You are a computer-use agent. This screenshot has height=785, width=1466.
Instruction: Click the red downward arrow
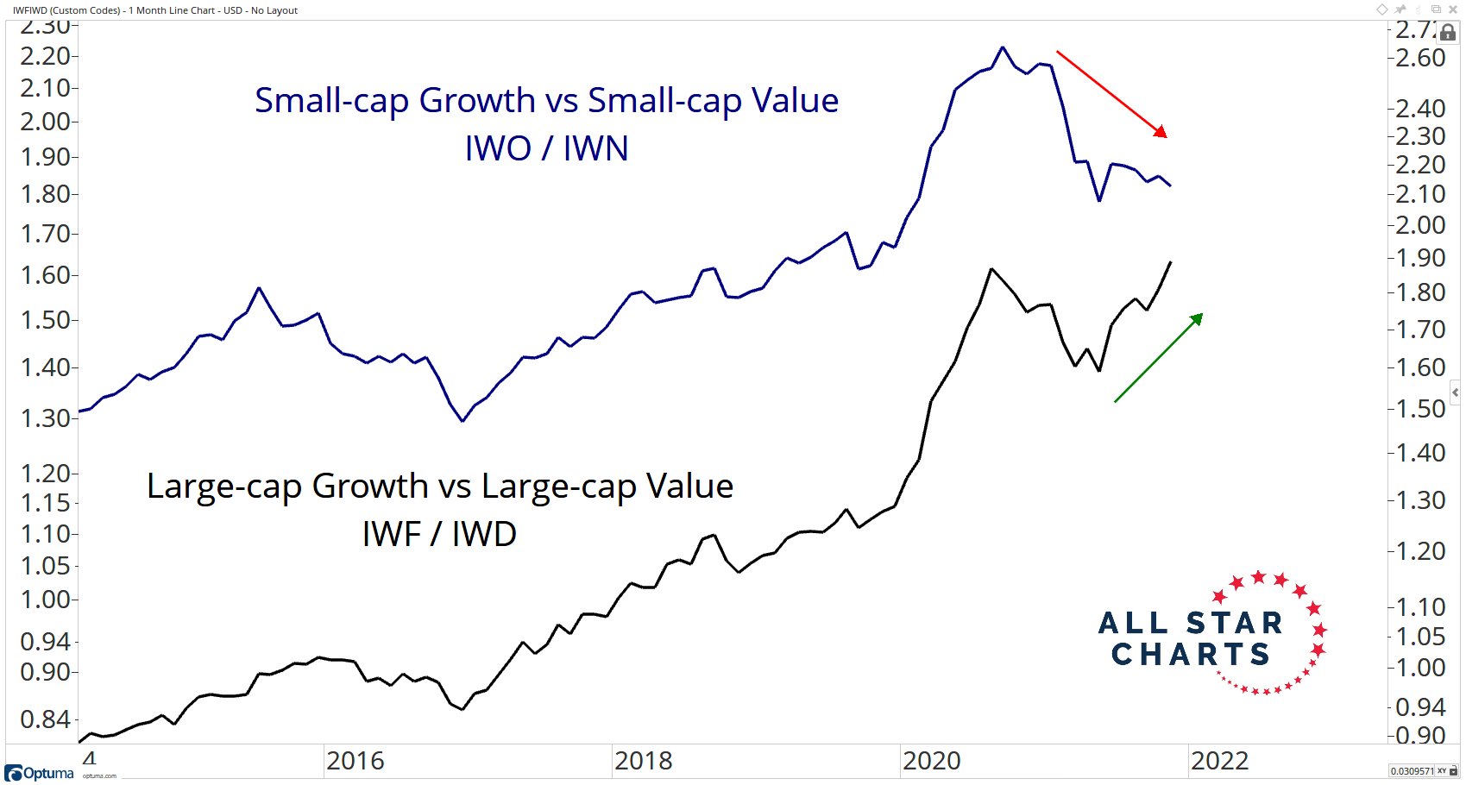click(x=1111, y=93)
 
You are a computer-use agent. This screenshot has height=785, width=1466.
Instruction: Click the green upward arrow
click(x=1158, y=358)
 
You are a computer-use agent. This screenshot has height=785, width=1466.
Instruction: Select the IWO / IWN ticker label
click(x=546, y=148)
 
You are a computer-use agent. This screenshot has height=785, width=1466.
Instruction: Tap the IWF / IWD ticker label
click(x=439, y=534)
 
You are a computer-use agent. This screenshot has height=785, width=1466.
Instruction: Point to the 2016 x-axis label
click(x=355, y=761)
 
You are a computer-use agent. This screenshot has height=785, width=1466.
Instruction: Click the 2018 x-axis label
click(x=643, y=761)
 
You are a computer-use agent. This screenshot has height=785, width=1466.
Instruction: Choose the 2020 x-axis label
click(x=931, y=761)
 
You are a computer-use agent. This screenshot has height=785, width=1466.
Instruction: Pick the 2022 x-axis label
click(x=1219, y=761)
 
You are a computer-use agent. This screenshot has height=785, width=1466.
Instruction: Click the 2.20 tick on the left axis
click(x=45, y=56)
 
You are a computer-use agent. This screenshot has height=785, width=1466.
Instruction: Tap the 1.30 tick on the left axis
click(x=45, y=418)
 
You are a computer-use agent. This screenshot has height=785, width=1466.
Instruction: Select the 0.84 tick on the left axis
click(x=45, y=719)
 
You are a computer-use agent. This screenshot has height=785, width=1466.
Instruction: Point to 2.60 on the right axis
click(x=1420, y=58)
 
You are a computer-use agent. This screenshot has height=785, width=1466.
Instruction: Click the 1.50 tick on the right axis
click(x=1420, y=409)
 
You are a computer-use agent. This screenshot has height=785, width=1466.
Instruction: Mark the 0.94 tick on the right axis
click(x=1420, y=707)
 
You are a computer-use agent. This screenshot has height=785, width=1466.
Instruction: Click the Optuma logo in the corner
click(x=40, y=773)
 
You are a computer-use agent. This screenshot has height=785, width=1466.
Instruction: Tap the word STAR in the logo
click(x=1234, y=623)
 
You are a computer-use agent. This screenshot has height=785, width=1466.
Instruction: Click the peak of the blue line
click(x=1002, y=47)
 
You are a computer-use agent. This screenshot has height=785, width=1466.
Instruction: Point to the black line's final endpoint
click(x=1171, y=262)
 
